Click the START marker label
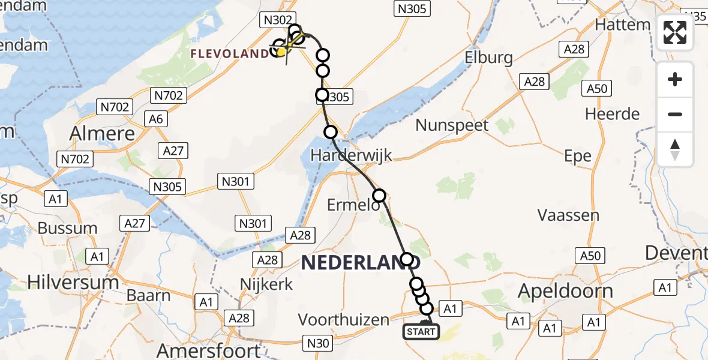[x=421, y=331]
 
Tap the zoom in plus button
[x=675, y=79]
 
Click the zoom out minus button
[x=675, y=114]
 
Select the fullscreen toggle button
[x=675, y=32]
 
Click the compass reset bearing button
[x=675, y=149]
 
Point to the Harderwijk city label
[x=351, y=155]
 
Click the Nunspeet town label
[x=452, y=125]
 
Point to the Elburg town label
[x=488, y=58]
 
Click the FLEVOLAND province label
[x=230, y=54]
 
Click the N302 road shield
[x=277, y=20]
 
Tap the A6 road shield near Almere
[x=156, y=119]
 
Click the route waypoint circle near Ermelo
[x=379, y=195]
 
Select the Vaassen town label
[x=568, y=215]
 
